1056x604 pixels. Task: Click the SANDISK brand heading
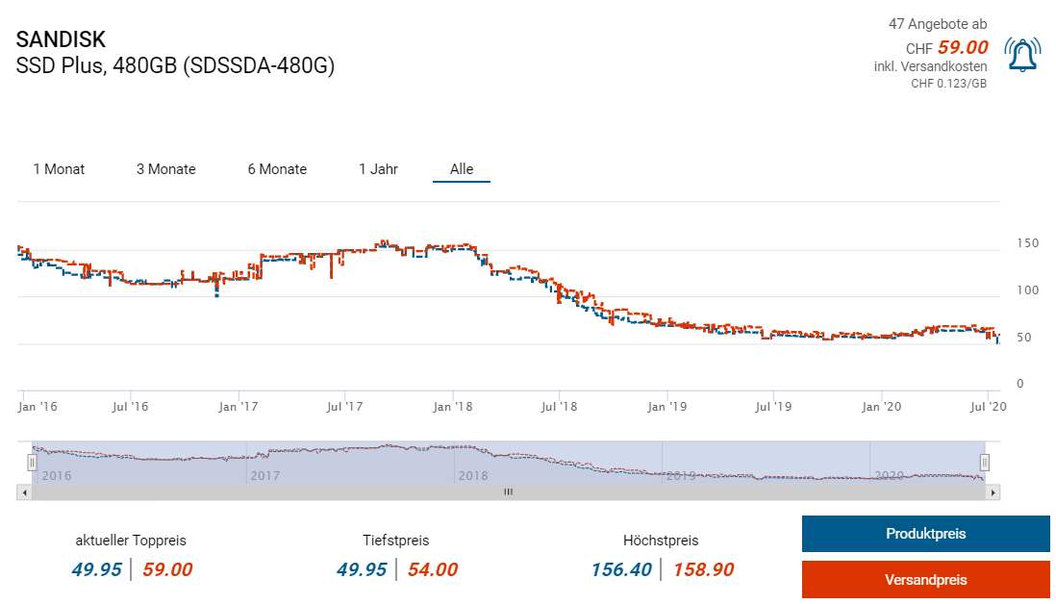(x=61, y=39)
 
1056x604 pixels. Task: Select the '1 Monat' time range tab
(x=59, y=169)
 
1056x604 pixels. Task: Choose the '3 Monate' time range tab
(x=165, y=169)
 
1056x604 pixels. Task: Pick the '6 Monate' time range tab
(x=277, y=169)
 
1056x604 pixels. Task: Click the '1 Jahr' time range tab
(x=378, y=169)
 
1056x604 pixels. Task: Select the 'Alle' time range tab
(x=462, y=169)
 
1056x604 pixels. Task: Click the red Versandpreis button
(x=925, y=580)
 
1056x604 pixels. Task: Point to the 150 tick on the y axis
(x=1027, y=243)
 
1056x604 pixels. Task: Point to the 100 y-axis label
(x=1027, y=290)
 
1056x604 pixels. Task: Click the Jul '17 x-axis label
(x=343, y=407)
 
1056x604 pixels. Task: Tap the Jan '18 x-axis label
(x=452, y=407)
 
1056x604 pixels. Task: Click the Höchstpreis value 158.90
(x=703, y=569)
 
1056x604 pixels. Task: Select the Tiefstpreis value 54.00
(x=432, y=569)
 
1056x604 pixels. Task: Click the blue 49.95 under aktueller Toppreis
(x=96, y=569)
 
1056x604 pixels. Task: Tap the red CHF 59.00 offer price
(x=962, y=47)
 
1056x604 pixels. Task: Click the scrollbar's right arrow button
(x=993, y=491)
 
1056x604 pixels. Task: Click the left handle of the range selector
(x=32, y=463)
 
